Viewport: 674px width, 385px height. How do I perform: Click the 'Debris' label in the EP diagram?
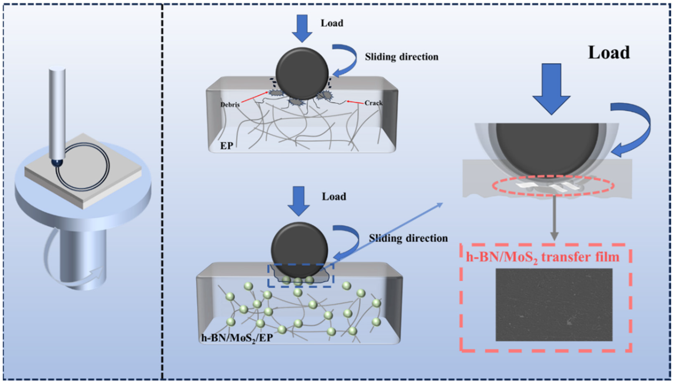(x=230, y=105)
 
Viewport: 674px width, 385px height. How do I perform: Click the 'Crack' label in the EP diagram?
(x=373, y=103)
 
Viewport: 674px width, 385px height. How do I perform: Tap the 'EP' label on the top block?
(x=227, y=145)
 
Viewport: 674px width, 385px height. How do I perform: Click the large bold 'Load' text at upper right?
(x=609, y=53)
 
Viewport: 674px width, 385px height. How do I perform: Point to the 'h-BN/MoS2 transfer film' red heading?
(x=543, y=257)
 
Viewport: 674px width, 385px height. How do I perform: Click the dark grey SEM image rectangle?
(x=554, y=305)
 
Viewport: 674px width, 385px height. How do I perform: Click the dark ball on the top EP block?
(x=302, y=73)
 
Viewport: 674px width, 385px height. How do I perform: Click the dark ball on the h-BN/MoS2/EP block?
(x=299, y=249)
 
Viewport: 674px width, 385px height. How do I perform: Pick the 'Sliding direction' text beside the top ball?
(x=402, y=57)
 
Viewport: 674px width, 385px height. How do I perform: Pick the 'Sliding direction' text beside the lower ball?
(x=408, y=238)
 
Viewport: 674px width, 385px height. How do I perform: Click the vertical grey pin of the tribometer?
(x=57, y=114)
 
